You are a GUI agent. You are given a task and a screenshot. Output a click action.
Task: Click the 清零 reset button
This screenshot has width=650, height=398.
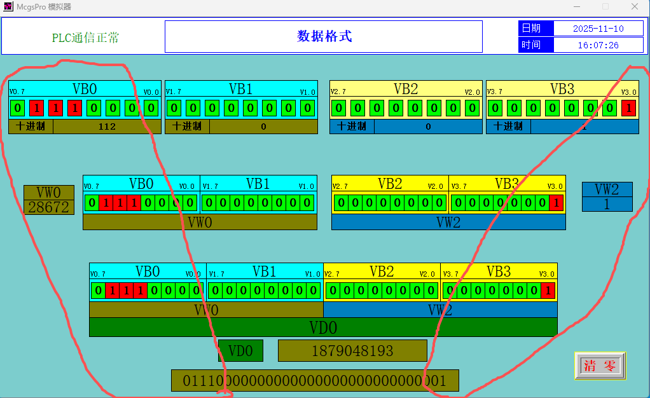tap(600, 366)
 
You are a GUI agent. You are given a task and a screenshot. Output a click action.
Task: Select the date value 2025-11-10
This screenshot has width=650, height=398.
tap(598, 29)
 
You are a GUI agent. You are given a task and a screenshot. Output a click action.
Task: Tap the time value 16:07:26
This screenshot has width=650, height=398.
tap(598, 45)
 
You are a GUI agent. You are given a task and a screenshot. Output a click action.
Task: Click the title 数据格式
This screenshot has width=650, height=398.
tap(324, 36)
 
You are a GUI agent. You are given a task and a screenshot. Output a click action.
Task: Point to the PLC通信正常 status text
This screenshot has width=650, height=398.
tap(85, 38)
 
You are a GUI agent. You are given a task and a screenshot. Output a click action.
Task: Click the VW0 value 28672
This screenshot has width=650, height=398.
tap(48, 207)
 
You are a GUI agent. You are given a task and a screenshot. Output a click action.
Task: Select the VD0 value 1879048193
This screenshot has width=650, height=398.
tap(352, 350)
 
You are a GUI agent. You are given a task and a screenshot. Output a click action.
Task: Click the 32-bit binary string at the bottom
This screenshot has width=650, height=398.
tap(315, 381)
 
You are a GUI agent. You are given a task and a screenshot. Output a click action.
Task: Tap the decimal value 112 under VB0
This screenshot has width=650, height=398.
tap(107, 127)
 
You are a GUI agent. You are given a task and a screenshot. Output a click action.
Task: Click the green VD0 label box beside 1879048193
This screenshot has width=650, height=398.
tap(240, 350)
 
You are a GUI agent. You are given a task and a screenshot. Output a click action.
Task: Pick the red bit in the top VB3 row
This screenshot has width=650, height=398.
tap(628, 108)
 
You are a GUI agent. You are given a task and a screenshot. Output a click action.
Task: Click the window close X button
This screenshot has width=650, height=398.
tap(635, 6)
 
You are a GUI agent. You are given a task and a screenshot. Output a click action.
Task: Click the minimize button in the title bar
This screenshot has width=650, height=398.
tap(576, 6)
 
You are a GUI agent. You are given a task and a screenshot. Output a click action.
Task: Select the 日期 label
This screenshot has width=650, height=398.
tap(531, 29)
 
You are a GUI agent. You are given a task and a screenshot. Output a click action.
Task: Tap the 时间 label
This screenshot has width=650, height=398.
tap(531, 45)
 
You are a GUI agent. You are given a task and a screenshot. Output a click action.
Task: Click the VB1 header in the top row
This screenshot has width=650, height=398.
tap(240, 88)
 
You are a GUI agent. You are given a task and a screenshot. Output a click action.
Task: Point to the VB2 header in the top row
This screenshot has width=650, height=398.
tap(405, 88)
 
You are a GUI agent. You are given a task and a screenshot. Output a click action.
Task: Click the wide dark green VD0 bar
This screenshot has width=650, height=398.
tap(323, 327)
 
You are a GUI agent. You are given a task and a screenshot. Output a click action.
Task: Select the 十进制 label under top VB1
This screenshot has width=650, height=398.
tap(187, 127)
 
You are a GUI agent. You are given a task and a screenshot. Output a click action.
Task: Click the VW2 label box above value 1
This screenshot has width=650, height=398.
tap(607, 189)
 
